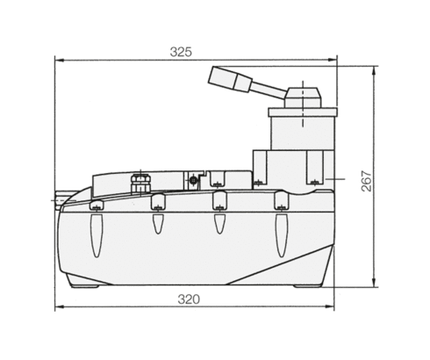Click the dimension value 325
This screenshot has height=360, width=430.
181,52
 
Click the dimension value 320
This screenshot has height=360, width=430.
189,299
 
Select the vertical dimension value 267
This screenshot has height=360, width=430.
367,181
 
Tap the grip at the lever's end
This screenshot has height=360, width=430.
230,78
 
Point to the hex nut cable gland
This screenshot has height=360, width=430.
140,184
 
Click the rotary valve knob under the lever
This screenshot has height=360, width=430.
303,97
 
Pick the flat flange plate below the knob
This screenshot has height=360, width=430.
303,112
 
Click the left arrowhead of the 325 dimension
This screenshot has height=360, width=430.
60,61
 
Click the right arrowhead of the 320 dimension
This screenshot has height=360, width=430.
330,306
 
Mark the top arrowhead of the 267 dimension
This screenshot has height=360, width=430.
374,71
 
